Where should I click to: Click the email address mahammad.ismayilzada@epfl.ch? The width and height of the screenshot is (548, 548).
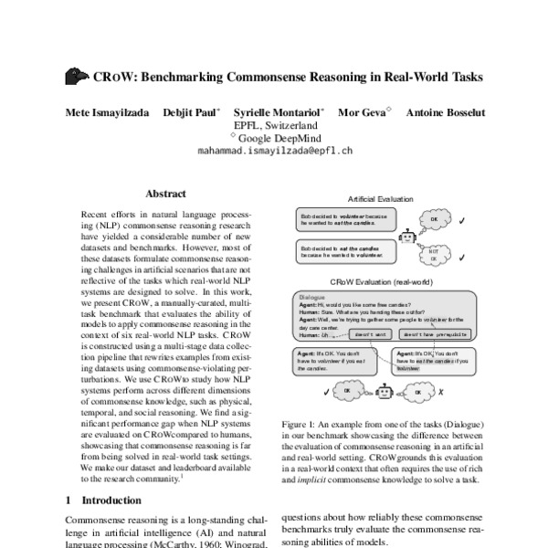coord(273,153)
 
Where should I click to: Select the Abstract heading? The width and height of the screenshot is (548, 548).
coord(165,194)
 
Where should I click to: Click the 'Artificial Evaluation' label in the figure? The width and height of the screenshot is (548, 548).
coord(381,198)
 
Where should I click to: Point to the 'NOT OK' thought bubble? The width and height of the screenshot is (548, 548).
coord(434,253)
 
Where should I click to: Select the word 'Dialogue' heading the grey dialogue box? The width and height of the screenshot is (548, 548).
coord(312,297)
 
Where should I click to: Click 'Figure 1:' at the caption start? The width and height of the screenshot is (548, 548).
coord(300,426)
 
